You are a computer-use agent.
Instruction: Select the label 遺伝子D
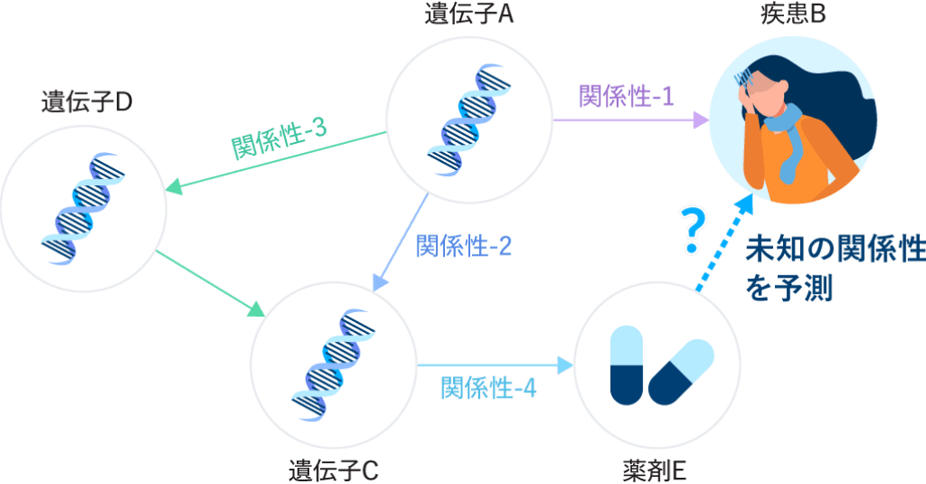click(x=86, y=102)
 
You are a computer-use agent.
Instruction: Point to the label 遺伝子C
click(x=334, y=470)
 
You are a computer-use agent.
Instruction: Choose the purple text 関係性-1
click(x=626, y=94)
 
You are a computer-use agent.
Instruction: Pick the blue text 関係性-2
click(x=463, y=246)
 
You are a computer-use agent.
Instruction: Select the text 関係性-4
click(x=488, y=388)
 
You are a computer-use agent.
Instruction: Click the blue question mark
click(x=690, y=230)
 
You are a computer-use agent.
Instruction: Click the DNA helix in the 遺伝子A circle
click(x=467, y=117)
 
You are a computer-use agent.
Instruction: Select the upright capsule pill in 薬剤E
click(x=627, y=364)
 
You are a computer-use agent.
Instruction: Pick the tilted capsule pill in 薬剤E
click(x=681, y=372)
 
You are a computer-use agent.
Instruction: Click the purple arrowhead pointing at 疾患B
click(x=700, y=119)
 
